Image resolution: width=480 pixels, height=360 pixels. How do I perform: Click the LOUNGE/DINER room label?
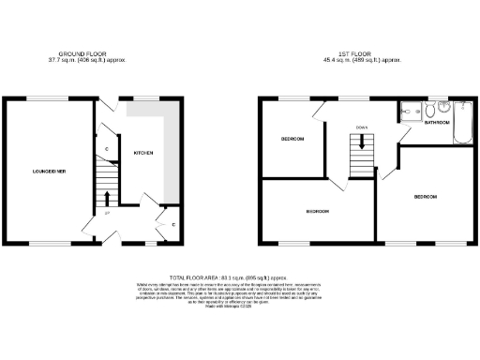tap(48, 172)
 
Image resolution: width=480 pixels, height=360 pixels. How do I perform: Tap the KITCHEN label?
tap(142, 152)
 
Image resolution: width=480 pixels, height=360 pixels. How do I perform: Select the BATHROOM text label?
tap(437, 123)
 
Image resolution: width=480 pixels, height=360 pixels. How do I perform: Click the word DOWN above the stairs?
tap(360, 127)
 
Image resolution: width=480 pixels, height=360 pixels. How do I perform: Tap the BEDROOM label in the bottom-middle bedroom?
tap(317, 212)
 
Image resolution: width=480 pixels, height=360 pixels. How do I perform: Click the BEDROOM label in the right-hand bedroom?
tap(425, 197)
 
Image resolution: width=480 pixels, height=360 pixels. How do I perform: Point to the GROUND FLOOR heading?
tap(90, 53)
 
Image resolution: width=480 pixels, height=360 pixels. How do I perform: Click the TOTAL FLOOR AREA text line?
tap(240, 278)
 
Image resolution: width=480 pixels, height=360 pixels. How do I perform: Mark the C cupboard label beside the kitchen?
tap(107, 148)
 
